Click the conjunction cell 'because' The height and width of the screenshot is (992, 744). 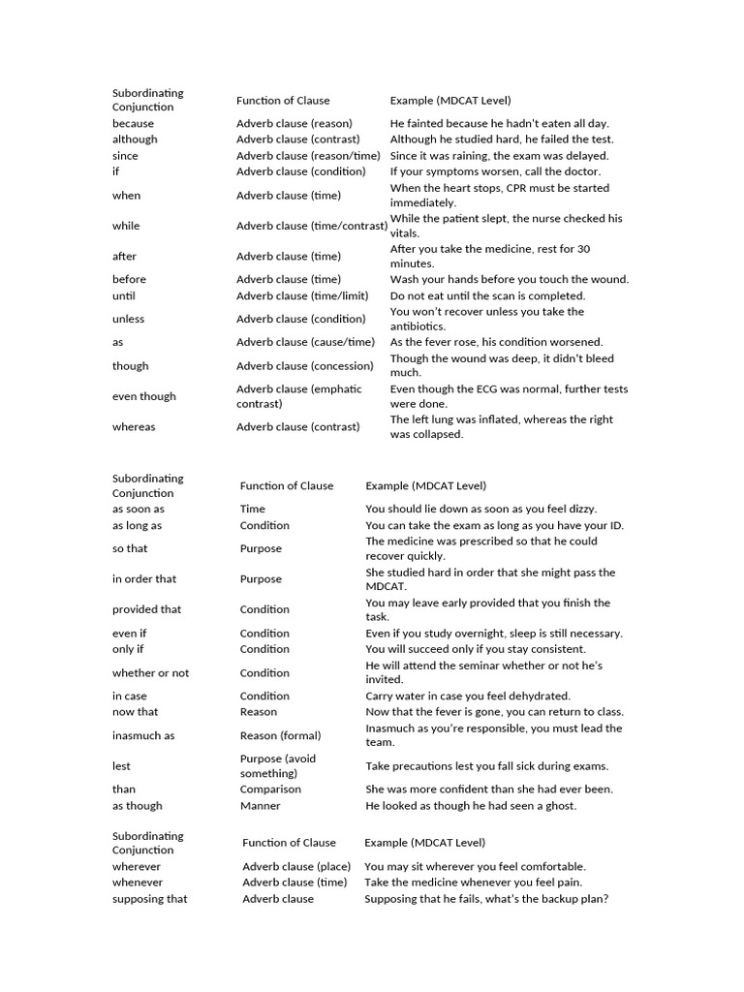pos(133,123)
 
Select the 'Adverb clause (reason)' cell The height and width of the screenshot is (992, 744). pos(294,123)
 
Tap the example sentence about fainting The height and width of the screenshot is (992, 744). pos(499,123)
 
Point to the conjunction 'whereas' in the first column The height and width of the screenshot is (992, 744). pos(134,426)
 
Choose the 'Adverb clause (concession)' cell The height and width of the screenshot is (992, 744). pos(304,365)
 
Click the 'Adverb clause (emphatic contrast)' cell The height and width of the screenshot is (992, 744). pos(298,396)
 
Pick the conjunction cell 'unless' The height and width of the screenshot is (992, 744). pos(128,319)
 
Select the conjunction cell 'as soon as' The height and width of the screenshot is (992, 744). pos(139,509)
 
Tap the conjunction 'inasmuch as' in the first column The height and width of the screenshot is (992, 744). pos(143,735)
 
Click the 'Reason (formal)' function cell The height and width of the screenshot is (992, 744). pos(280,735)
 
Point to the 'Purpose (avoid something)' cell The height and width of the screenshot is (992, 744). pos(278,765)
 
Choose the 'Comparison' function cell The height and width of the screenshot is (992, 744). pos(270,789)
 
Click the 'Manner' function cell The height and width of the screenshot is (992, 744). pos(260,805)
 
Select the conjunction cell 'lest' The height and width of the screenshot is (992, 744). pos(121,765)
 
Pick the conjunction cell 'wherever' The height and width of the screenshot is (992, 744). pos(137,866)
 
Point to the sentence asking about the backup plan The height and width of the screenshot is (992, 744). pos(486,898)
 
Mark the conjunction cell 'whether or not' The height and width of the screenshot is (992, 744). pos(150,672)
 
